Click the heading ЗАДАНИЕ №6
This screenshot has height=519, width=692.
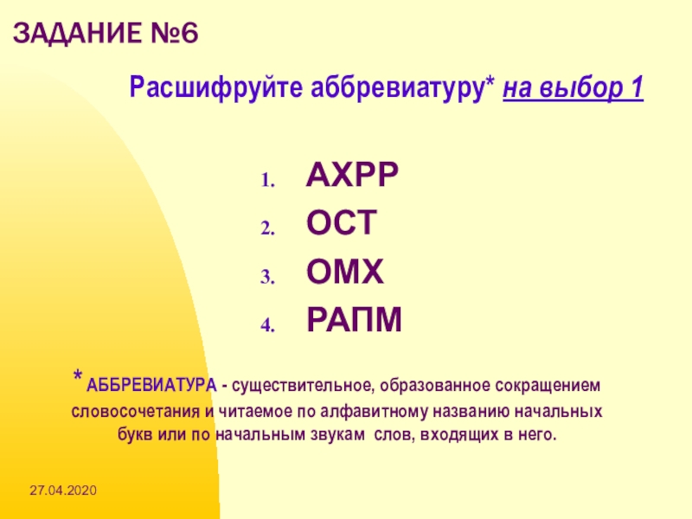click(x=106, y=33)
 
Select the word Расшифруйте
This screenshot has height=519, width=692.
click(x=216, y=87)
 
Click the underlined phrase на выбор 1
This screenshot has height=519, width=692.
click(x=573, y=87)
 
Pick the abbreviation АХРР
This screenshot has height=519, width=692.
click(x=352, y=175)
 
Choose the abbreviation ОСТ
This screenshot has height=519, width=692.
click(x=342, y=223)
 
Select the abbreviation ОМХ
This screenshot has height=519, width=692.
click(x=344, y=271)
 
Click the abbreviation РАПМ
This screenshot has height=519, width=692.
click(x=354, y=319)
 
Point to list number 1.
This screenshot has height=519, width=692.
click(x=268, y=180)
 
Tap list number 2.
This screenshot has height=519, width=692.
click(x=268, y=228)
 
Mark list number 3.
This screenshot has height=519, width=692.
click(x=268, y=277)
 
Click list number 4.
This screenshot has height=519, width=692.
click(x=268, y=325)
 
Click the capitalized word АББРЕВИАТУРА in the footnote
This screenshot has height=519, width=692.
click(x=151, y=385)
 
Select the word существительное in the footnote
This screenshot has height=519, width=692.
click(x=304, y=386)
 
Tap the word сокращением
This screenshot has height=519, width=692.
click(x=548, y=386)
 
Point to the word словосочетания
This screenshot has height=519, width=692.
click(x=136, y=412)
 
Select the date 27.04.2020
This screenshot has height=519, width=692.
click(x=63, y=490)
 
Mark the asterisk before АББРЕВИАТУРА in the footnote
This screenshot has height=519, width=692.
click(x=78, y=376)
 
